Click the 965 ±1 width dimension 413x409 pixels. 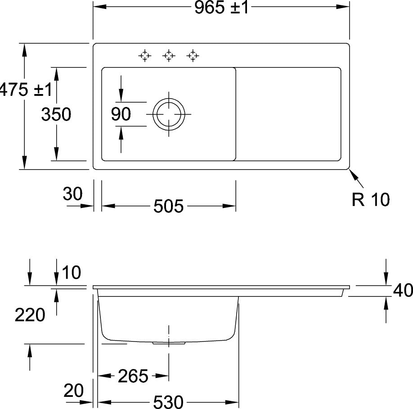221,7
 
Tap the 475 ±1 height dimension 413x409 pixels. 26,90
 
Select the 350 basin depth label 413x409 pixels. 56,114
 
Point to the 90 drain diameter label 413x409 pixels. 121,114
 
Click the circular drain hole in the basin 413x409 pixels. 169,114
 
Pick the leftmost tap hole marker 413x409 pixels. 145,56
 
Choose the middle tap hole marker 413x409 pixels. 169,56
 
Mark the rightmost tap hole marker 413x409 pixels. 193,56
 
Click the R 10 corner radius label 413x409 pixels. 371,199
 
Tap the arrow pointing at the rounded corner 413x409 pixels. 356,179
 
